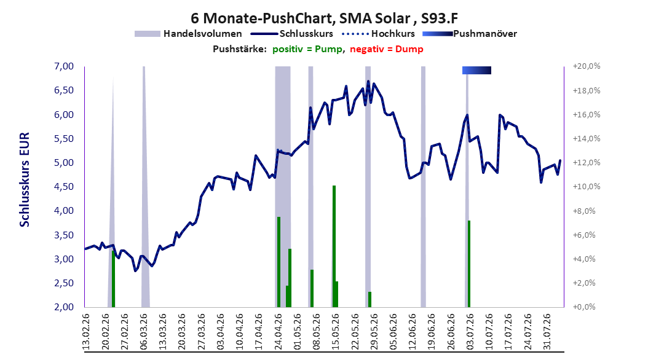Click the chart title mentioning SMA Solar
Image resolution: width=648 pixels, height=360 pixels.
tap(324, 18)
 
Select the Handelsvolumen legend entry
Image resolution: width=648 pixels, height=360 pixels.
tap(188, 34)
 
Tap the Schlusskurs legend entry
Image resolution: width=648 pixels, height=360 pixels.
tap(291, 34)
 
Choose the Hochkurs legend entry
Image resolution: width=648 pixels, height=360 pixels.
tap(378, 34)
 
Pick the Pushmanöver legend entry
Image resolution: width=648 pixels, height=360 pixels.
tap(470, 34)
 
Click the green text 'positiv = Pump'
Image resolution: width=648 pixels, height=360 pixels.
tap(307, 49)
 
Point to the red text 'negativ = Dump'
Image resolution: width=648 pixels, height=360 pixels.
tap(387, 49)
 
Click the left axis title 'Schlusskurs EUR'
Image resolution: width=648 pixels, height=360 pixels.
tap(25, 179)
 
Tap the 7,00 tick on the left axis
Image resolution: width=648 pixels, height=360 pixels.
tap(64, 66)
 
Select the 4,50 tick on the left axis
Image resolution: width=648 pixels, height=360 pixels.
tap(64, 187)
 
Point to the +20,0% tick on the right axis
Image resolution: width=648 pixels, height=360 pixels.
tap(587, 66)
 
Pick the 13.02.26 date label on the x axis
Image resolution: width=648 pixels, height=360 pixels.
tap(86, 332)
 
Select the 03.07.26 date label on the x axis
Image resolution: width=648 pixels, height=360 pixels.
tap(470, 332)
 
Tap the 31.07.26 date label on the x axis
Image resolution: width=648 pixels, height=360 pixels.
tap(547, 332)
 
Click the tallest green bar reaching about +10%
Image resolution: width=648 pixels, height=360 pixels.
tap(334, 246)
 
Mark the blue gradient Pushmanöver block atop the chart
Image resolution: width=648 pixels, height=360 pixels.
tap(476, 70)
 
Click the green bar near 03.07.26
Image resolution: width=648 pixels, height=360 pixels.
tap(469, 264)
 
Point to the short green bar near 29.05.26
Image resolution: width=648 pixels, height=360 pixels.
tap(369, 299)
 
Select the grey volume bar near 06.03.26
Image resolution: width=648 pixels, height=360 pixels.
tap(144, 187)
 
